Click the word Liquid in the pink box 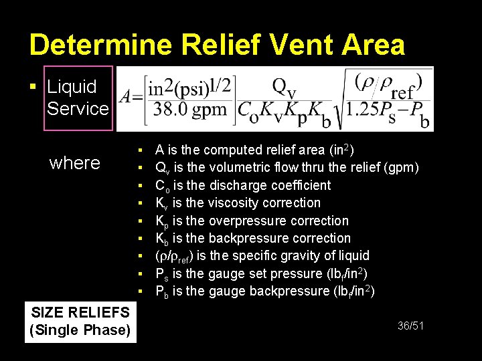coord(72,87)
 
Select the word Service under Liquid coord(78,108)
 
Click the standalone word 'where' coord(75,162)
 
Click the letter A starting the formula coord(125,99)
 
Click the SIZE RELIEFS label coord(80,312)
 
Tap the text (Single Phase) coord(80,330)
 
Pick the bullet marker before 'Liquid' coord(33,88)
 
